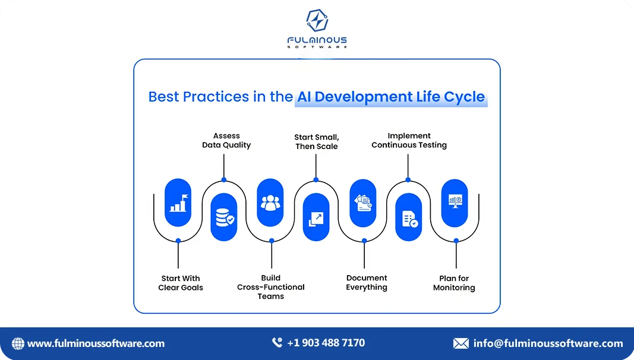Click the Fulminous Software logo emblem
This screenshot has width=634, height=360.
[x=317, y=21]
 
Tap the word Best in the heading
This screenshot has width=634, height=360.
[x=165, y=96]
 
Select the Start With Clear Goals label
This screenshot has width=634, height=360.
[x=181, y=283]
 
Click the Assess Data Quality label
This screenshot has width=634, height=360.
[x=226, y=140]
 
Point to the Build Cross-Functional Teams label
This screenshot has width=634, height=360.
[x=271, y=287]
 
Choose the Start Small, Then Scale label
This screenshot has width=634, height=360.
[x=317, y=141]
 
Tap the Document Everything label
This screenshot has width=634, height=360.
[x=367, y=283]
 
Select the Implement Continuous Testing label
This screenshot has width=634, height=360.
[x=409, y=140]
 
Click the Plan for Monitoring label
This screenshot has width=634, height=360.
[x=454, y=283]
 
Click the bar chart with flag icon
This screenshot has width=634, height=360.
[x=178, y=203]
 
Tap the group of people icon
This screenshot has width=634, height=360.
[x=271, y=203]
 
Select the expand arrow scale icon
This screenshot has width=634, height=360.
[x=316, y=217]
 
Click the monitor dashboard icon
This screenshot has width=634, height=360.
[x=455, y=203]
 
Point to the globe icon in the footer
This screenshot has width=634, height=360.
[x=18, y=343]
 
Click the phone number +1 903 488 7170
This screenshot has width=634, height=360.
[x=326, y=343]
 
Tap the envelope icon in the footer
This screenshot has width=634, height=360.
[x=460, y=343]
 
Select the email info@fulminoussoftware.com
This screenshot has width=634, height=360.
[x=548, y=343]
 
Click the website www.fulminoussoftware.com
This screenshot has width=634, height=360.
[x=96, y=343]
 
